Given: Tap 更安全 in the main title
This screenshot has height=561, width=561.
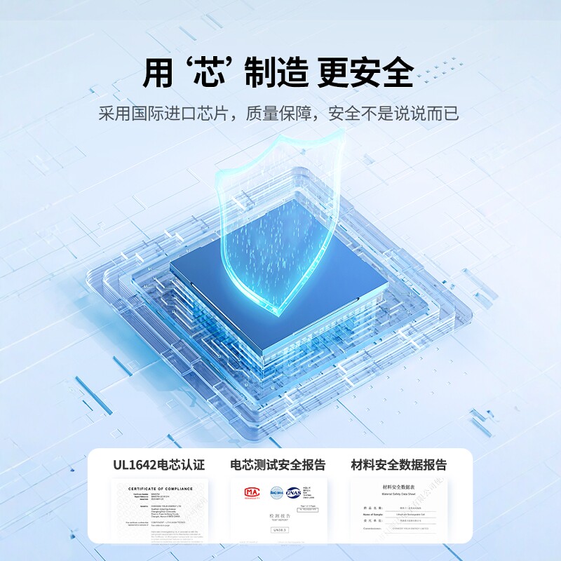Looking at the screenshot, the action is click(365, 73).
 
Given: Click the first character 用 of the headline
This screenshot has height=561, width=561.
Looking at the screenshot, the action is click(158, 73).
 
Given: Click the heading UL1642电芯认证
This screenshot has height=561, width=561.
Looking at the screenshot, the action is click(159, 464).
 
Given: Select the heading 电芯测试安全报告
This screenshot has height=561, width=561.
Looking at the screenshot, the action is click(278, 464).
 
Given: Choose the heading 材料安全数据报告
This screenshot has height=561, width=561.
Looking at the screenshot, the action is click(398, 464).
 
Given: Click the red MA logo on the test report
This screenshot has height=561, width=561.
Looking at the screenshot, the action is click(250, 492).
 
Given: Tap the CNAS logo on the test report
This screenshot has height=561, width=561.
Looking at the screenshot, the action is click(295, 492).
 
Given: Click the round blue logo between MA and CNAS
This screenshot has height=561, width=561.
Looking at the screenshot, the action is click(273, 492).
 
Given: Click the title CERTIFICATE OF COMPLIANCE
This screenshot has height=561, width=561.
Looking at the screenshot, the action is click(160, 488).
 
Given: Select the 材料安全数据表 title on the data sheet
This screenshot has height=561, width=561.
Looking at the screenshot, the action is click(398, 486).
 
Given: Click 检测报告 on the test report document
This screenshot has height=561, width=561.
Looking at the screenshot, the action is click(278, 515).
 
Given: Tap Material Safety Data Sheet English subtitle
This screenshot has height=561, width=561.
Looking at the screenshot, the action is click(398, 494).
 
